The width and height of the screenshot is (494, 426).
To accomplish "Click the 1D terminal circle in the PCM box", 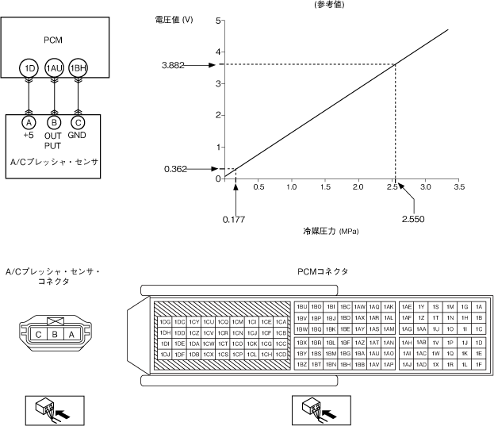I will [30, 69].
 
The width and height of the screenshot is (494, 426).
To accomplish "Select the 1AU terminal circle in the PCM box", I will [54, 69].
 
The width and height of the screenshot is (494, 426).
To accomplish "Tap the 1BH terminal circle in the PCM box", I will [78, 69].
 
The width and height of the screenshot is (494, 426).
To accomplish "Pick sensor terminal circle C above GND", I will [78, 123].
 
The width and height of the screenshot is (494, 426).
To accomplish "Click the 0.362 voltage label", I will [178, 168].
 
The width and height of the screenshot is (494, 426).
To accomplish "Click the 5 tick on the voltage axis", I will [218, 20].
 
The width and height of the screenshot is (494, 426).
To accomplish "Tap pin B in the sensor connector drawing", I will [54, 335].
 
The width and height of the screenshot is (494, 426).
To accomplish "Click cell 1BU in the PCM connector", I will [302, 306].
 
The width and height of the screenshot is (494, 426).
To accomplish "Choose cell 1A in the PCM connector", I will [478, 306].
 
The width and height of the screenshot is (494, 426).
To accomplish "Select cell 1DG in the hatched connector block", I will [165, 321].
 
